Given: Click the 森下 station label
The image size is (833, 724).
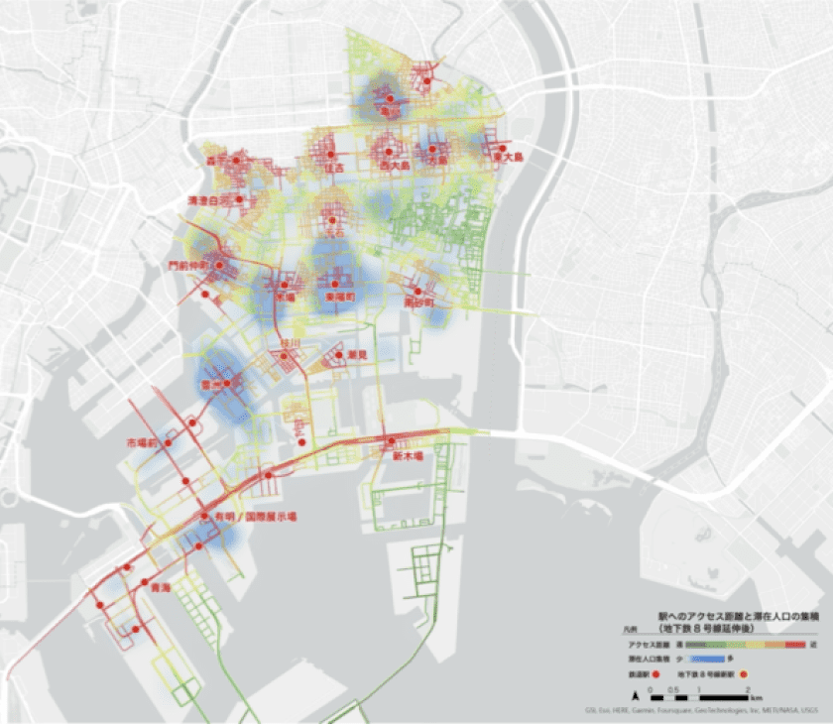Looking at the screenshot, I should (216, 159).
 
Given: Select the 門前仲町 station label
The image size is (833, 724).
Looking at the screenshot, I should (188, 265).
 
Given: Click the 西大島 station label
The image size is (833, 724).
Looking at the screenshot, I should (394, 167).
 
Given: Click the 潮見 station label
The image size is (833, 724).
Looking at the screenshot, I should (357, 354).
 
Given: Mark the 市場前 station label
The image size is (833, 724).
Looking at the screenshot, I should (142, 441).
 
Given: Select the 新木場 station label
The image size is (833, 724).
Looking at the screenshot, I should (407, 457).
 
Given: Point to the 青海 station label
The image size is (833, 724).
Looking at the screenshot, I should (155, 587).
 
